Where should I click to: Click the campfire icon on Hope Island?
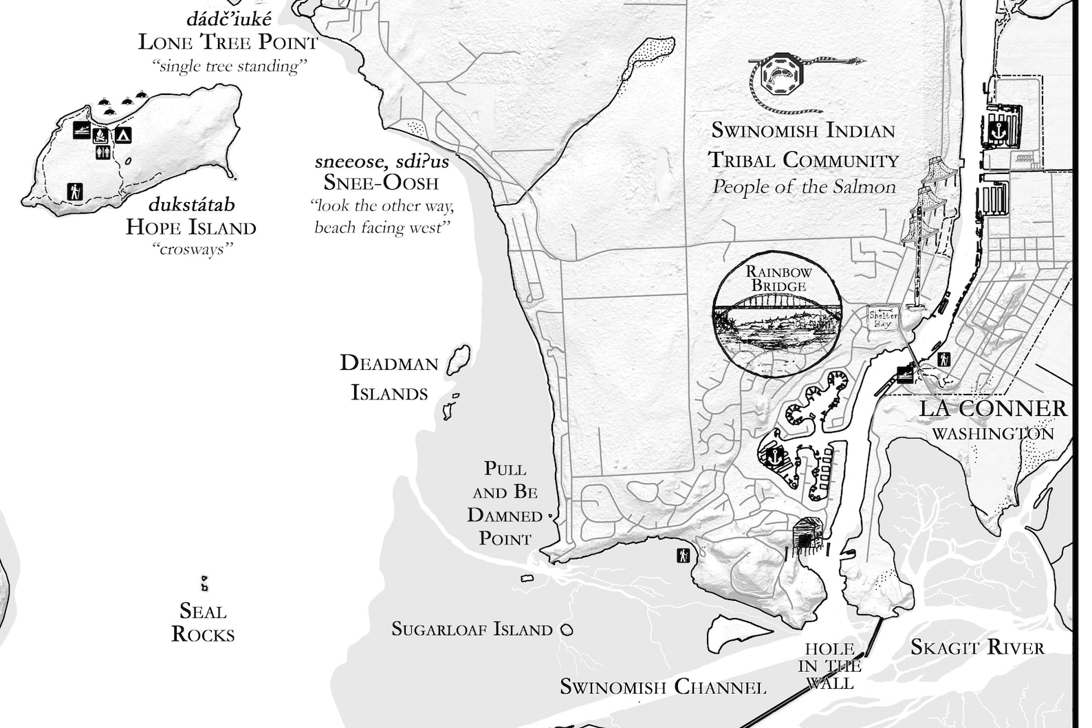(101, 134)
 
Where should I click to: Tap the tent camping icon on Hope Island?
(123, 135)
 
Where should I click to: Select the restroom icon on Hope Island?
(103, 151)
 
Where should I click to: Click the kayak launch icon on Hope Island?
(82, 131)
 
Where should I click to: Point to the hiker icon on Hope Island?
(75, 192)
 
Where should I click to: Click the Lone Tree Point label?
(228, 42)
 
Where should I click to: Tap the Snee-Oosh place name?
(381, 182)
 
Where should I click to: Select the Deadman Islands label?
(389, 377)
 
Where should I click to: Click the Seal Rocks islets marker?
(204, 584)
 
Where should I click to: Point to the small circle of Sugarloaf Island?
(567, 629)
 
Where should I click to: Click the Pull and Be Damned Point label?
(505, 504)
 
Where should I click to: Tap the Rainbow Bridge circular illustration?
(777, 314)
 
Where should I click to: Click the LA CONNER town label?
(994, 408)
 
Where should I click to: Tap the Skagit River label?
(977, 648)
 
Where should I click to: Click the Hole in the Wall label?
(829, 666)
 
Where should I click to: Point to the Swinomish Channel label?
(663, 687)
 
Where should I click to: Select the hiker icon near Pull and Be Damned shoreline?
(683, 555)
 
